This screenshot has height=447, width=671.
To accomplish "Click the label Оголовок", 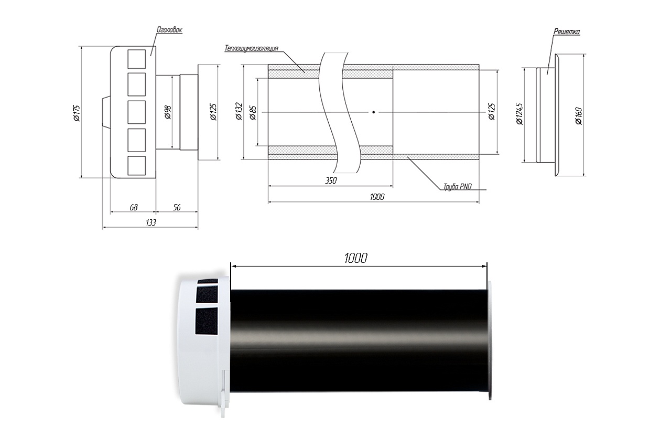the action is click(169, 30).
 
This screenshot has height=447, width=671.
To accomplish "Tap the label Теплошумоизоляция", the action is click(251, 48).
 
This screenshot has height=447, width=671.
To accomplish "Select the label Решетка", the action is click(567, 31).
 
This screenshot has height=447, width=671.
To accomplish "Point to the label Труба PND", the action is click(458, 187).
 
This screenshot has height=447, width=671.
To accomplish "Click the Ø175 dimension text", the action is click(77, 113).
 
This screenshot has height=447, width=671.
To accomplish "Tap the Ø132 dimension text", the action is click(239, 112).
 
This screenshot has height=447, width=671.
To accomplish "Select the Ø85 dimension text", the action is click(253, 113).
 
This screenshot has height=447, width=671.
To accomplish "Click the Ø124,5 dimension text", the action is click(519, 114).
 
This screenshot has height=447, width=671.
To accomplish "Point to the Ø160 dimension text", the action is click(578, 116).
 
